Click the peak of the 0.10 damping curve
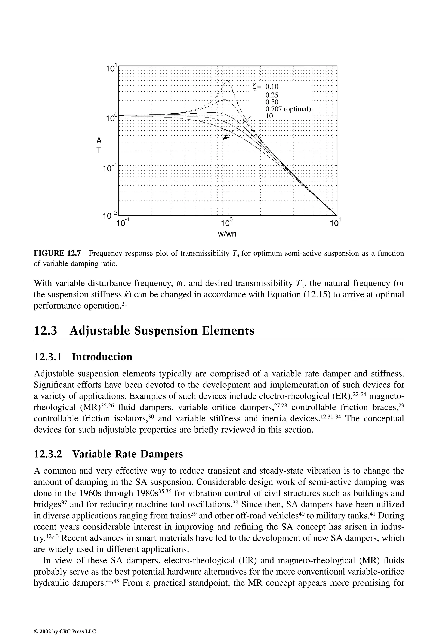(x=228, y=80)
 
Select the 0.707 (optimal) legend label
(x=288, y=109)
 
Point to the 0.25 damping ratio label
(x=272, y=95)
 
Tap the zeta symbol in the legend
(x=255, y=87)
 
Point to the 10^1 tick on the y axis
(x=112, y=68)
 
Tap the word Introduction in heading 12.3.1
(x=102, y=357)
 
